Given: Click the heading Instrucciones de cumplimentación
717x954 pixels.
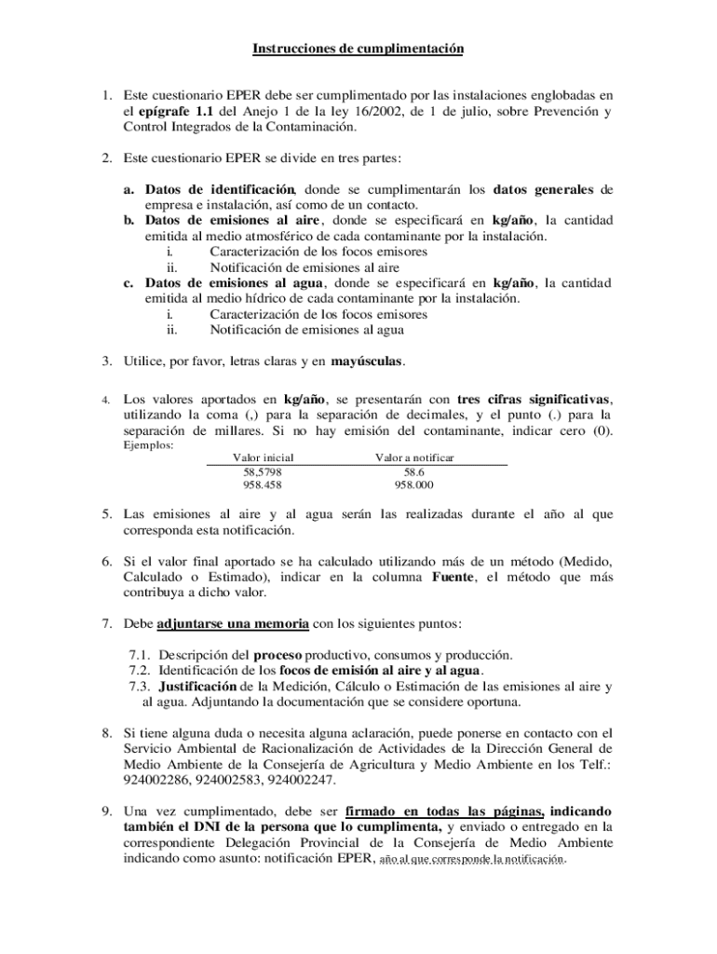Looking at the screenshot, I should click(x=358, y=48).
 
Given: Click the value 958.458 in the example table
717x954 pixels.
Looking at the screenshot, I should click(x=263, y=485).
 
